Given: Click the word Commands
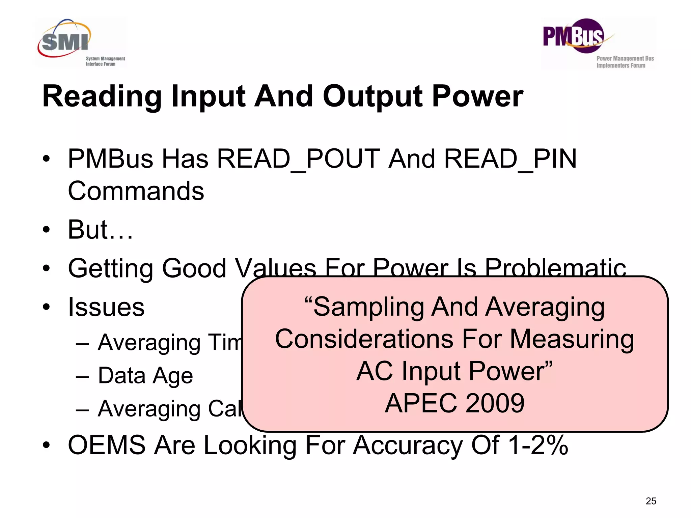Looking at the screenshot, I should pyautogui.click(x=136, y=191).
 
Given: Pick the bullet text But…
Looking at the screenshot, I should pyautogui.click(x=100, y=230).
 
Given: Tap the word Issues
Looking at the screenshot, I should pyautogui.click(x=106, y=307).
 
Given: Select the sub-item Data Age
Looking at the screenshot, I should pyautogui.click(x=145, y=376).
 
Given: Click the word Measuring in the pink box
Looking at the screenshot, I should pyautogui.click(x=572, y=339).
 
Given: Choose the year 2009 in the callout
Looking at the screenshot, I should pyautogui.click(x=495, y=403).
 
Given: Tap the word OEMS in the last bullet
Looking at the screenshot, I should pyautogui.click(x=107, y=445).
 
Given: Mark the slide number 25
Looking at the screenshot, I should pyautogui.click(x=651, y=501).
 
